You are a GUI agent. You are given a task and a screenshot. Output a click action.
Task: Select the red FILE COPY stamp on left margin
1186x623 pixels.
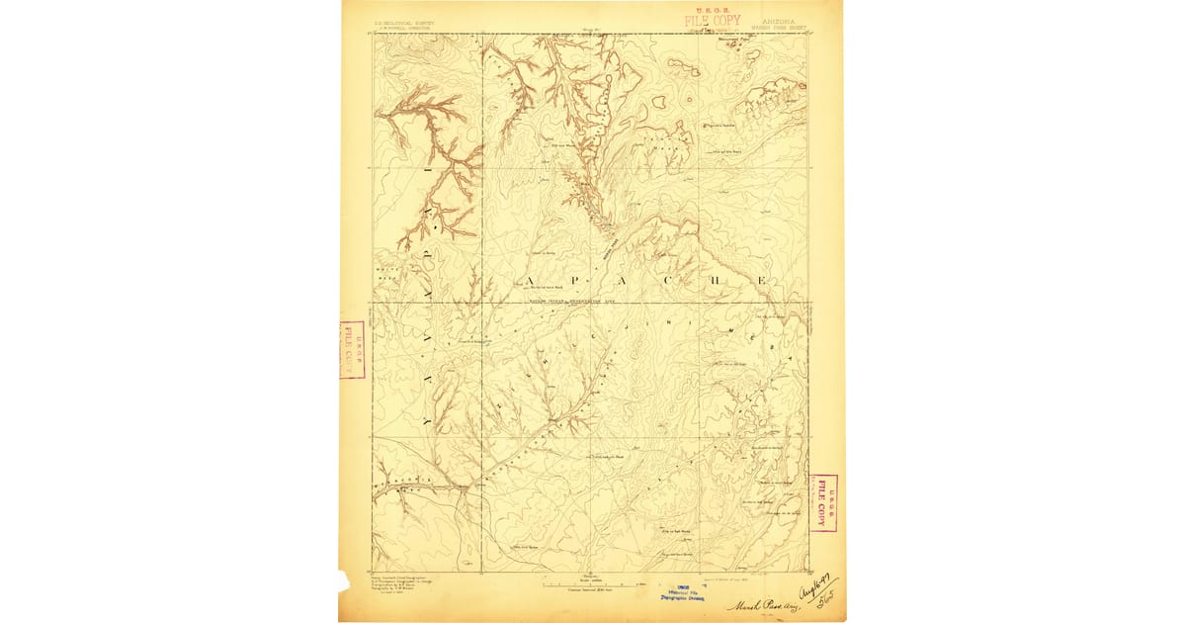pyautogui.click(x=352, y=350)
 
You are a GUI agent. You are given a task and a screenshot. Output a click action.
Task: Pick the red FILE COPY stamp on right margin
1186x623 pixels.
pyautogui.click(x=823, y=503)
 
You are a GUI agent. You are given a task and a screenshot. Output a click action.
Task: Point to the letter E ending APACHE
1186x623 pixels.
pyautogui.click(x=762, y=281)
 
